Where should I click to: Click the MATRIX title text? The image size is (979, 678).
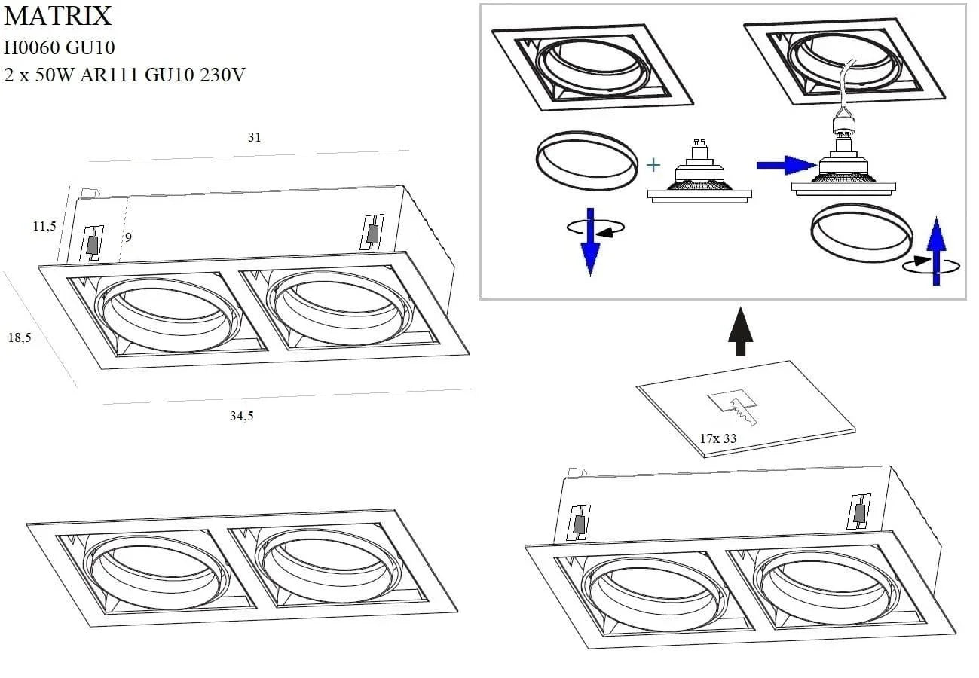58,16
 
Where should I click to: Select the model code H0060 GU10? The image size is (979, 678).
60,47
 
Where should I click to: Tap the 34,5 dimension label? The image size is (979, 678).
241,416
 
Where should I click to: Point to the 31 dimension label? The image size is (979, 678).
254,137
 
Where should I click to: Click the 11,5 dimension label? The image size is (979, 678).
44,226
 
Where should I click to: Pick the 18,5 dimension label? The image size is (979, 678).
20,338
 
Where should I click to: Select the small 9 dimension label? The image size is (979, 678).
128,237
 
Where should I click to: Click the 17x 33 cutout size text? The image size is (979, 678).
717,438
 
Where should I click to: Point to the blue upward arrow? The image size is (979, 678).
935,251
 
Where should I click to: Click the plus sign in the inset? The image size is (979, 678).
653,165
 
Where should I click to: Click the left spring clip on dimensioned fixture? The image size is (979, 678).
92,243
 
